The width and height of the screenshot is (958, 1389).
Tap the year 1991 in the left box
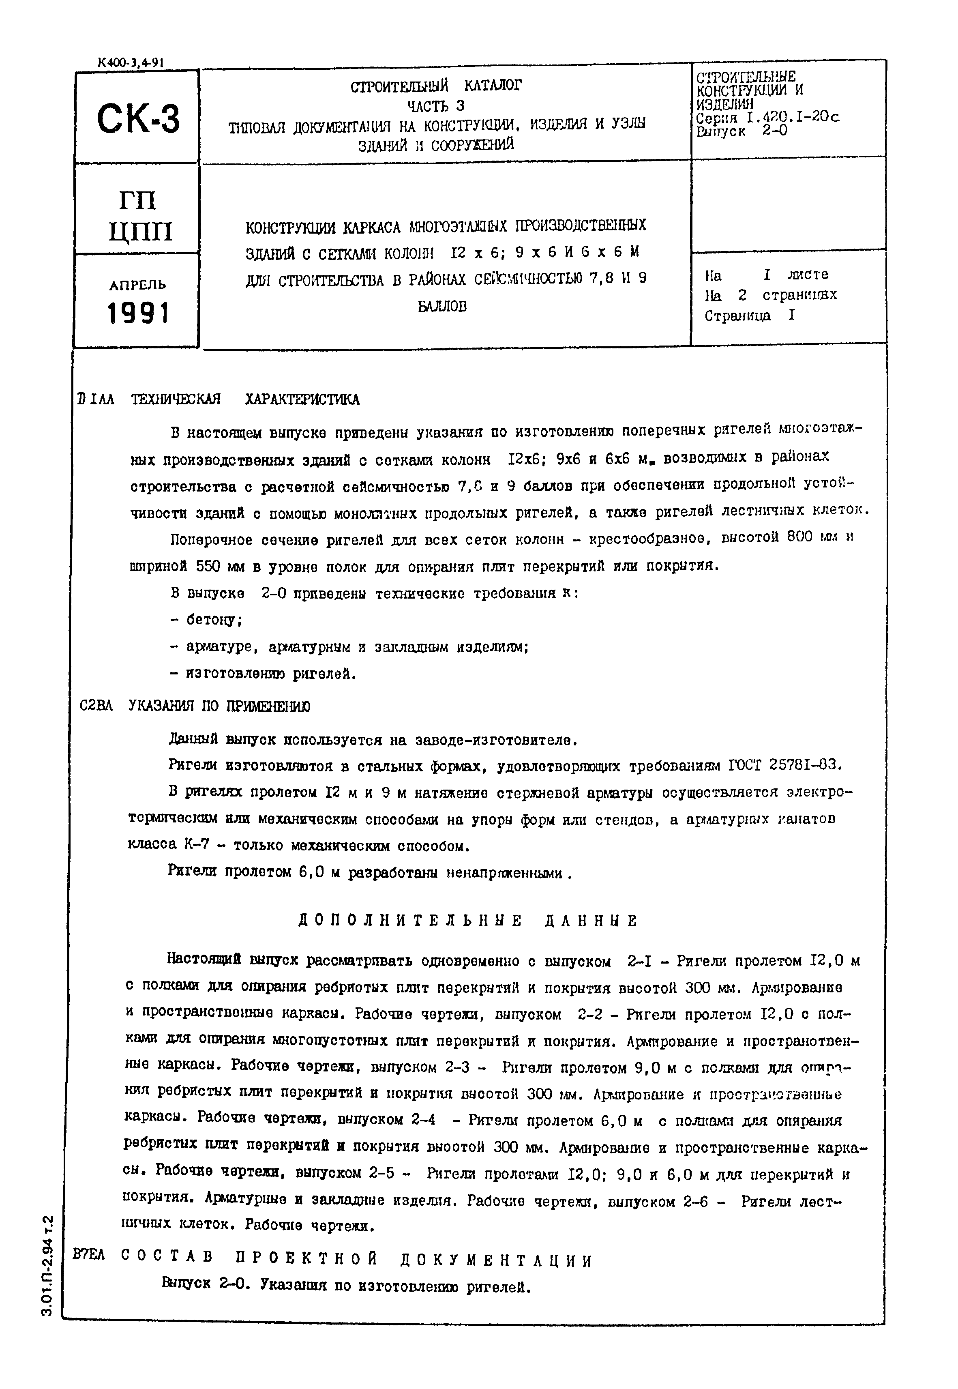(138, 313)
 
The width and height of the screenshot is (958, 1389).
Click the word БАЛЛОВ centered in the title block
(442, 307)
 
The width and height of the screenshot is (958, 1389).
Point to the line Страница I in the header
(750, 316)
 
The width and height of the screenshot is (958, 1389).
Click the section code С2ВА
(96, 706)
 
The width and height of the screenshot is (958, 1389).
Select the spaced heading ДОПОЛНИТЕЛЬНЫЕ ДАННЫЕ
(468, 921)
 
